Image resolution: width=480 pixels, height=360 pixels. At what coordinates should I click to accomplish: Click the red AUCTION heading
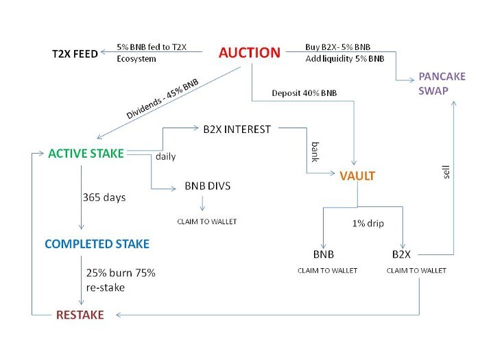click(250, 53)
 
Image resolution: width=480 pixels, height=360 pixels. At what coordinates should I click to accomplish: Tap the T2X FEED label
click(75, 54)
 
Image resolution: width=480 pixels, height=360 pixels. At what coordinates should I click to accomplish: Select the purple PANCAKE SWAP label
click(442, 83)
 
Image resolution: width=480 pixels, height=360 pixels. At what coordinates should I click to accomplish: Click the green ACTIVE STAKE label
click(86, 154)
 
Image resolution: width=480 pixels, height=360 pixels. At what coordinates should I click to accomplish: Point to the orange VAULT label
click(357, 176)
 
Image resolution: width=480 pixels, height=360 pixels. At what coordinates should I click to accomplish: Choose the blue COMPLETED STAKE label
click(97, 244)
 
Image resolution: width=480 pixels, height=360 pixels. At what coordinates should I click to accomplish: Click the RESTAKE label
click(80, 315)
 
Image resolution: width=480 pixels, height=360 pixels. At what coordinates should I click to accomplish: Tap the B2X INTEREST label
click(237, 130)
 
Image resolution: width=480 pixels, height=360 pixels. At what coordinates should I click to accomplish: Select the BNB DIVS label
click(208, 186)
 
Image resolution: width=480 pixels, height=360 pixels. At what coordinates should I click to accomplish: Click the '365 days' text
click(104, 197)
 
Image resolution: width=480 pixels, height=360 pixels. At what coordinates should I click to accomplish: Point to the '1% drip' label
click(368, 224)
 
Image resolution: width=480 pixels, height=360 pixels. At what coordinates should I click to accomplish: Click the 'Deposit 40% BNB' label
click(304, 93)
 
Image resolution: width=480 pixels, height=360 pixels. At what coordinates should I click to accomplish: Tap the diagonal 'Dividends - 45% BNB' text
click(163, 99)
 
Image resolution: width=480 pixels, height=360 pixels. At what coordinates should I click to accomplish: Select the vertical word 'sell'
click(446, 172)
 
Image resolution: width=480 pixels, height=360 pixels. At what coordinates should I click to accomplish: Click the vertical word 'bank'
click(315, 152)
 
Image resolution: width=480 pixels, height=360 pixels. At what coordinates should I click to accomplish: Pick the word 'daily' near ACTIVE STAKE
click(166, 157)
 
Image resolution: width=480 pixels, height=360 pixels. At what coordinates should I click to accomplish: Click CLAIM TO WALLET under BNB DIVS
click(207, 221)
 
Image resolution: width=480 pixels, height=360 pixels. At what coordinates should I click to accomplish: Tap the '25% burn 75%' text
click(121, 273)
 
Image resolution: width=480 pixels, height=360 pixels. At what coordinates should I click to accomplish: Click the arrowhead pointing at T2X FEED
click(104, 51)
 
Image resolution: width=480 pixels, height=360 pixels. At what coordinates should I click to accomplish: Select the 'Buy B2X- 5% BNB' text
click(337, 47)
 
